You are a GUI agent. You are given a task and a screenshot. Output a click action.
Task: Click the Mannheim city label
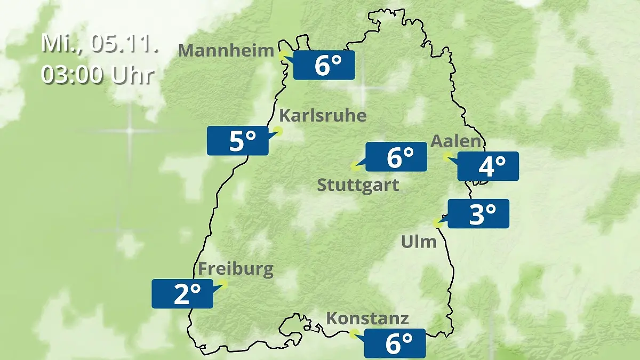pyautogui.click(x=226, y=50)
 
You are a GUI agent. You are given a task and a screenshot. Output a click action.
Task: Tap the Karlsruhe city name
pyautogui.click(x=323, y=115)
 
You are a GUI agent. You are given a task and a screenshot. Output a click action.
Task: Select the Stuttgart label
pyautogui.click(x=358, y=185)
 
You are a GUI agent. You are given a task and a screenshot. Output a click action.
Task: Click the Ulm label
pyautogui.click(x=419, y=242)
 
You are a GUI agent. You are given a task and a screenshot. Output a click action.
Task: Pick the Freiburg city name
pyautogui.click(x=236, y=269)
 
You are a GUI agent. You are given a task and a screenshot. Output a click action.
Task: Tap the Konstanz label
pyautogui.click(x=367, y=318)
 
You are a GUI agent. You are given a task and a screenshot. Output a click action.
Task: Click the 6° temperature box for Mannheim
pyautogui.click(x=324, y=65)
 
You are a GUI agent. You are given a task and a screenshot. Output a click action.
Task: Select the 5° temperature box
pyautogui.click(x=237, y=141)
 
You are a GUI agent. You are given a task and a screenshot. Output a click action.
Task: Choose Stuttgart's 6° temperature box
pyautogui.click(x=396, y=157)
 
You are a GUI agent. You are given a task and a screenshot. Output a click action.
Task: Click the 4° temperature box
pyautogui.click(x=488, y=166)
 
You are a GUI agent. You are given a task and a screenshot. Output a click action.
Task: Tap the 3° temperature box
pyautogui.click(x=478, y=214)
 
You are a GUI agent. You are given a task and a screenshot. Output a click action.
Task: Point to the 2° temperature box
pyautogui.click(x=182, y=293)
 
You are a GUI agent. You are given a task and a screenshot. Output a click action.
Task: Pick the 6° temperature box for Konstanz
pyautogui.click(x=395, y=343)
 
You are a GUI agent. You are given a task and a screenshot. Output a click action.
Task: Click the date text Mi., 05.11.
pyautogui.click(x=100, y=44)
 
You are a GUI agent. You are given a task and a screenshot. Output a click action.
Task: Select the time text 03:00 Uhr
pyautogui.click(x=98, y=75)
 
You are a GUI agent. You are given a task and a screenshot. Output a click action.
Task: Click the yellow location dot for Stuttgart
pyautogui.click(x=355, y=166)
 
